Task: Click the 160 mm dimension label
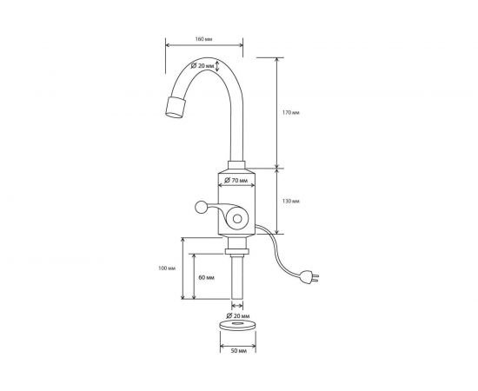(x=203, y=39)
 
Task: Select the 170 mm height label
(x=291, y=112)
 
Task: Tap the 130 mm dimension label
(x=291, y=201)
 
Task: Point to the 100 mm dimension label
(x=167, y=268)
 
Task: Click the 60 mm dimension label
(x=206, y=278)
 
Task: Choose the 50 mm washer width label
(x=238, y=351)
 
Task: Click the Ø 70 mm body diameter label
(x=236, y=180)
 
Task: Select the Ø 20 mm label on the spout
(x=202, y=65)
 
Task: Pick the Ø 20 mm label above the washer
(x=238, y=315)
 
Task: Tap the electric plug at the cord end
(x=309, y=277)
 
